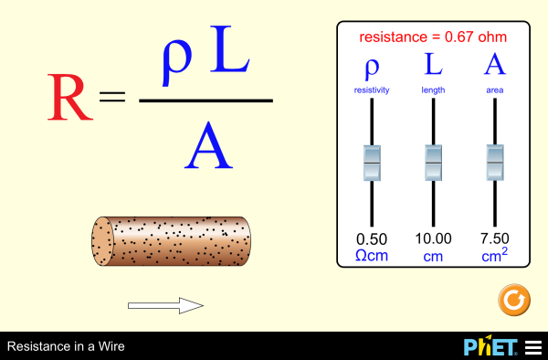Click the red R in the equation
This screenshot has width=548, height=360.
point(69,98)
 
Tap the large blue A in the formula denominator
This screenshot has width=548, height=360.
point(208,145)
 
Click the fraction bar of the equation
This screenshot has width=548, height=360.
point(205,100)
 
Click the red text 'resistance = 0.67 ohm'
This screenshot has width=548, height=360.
point(433,37)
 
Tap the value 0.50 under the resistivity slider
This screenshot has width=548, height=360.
point(371,239)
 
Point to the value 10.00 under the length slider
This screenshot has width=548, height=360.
point(433,239)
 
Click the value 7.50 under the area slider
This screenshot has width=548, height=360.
point(495,239)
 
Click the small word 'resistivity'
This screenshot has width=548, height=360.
point(371,90)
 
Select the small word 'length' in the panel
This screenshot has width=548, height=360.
point(433,90)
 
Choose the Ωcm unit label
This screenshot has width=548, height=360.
point(371,256)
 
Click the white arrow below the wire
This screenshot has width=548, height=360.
point(164,305)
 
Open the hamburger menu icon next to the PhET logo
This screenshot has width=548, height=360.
point(532,347)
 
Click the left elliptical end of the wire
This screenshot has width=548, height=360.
point(101,242)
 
